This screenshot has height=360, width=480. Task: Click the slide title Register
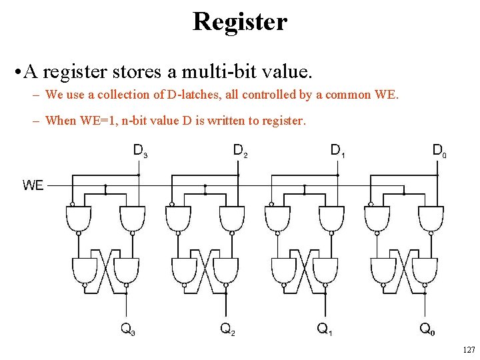pyautogui.click(x=240, y=21)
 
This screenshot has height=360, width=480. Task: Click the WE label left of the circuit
pyautogui.click(x=33, y=185)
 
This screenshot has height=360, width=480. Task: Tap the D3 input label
pyautogui.click(x=140, y=151)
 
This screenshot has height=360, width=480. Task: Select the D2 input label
pyautogui.click(x=240, y=151)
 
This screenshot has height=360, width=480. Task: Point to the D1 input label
pyautogui.click(x=339, y=151)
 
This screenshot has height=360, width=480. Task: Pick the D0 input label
pyautogui.click(x=439, y=151)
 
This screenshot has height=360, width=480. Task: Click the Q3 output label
pyautogui.click(x=127, y=328)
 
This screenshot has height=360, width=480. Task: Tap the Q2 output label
pyautogui.click(x=227, y=328)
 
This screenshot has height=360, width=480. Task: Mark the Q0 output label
pyautogui.click(x=427, y=328)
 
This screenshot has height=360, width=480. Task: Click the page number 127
pyautogui.click(x=468, y=350)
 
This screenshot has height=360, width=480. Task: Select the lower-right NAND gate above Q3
pyautogui.click(x=125, y=270)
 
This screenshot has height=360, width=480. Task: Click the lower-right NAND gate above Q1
pyautogui.click(x=324, y=270)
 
